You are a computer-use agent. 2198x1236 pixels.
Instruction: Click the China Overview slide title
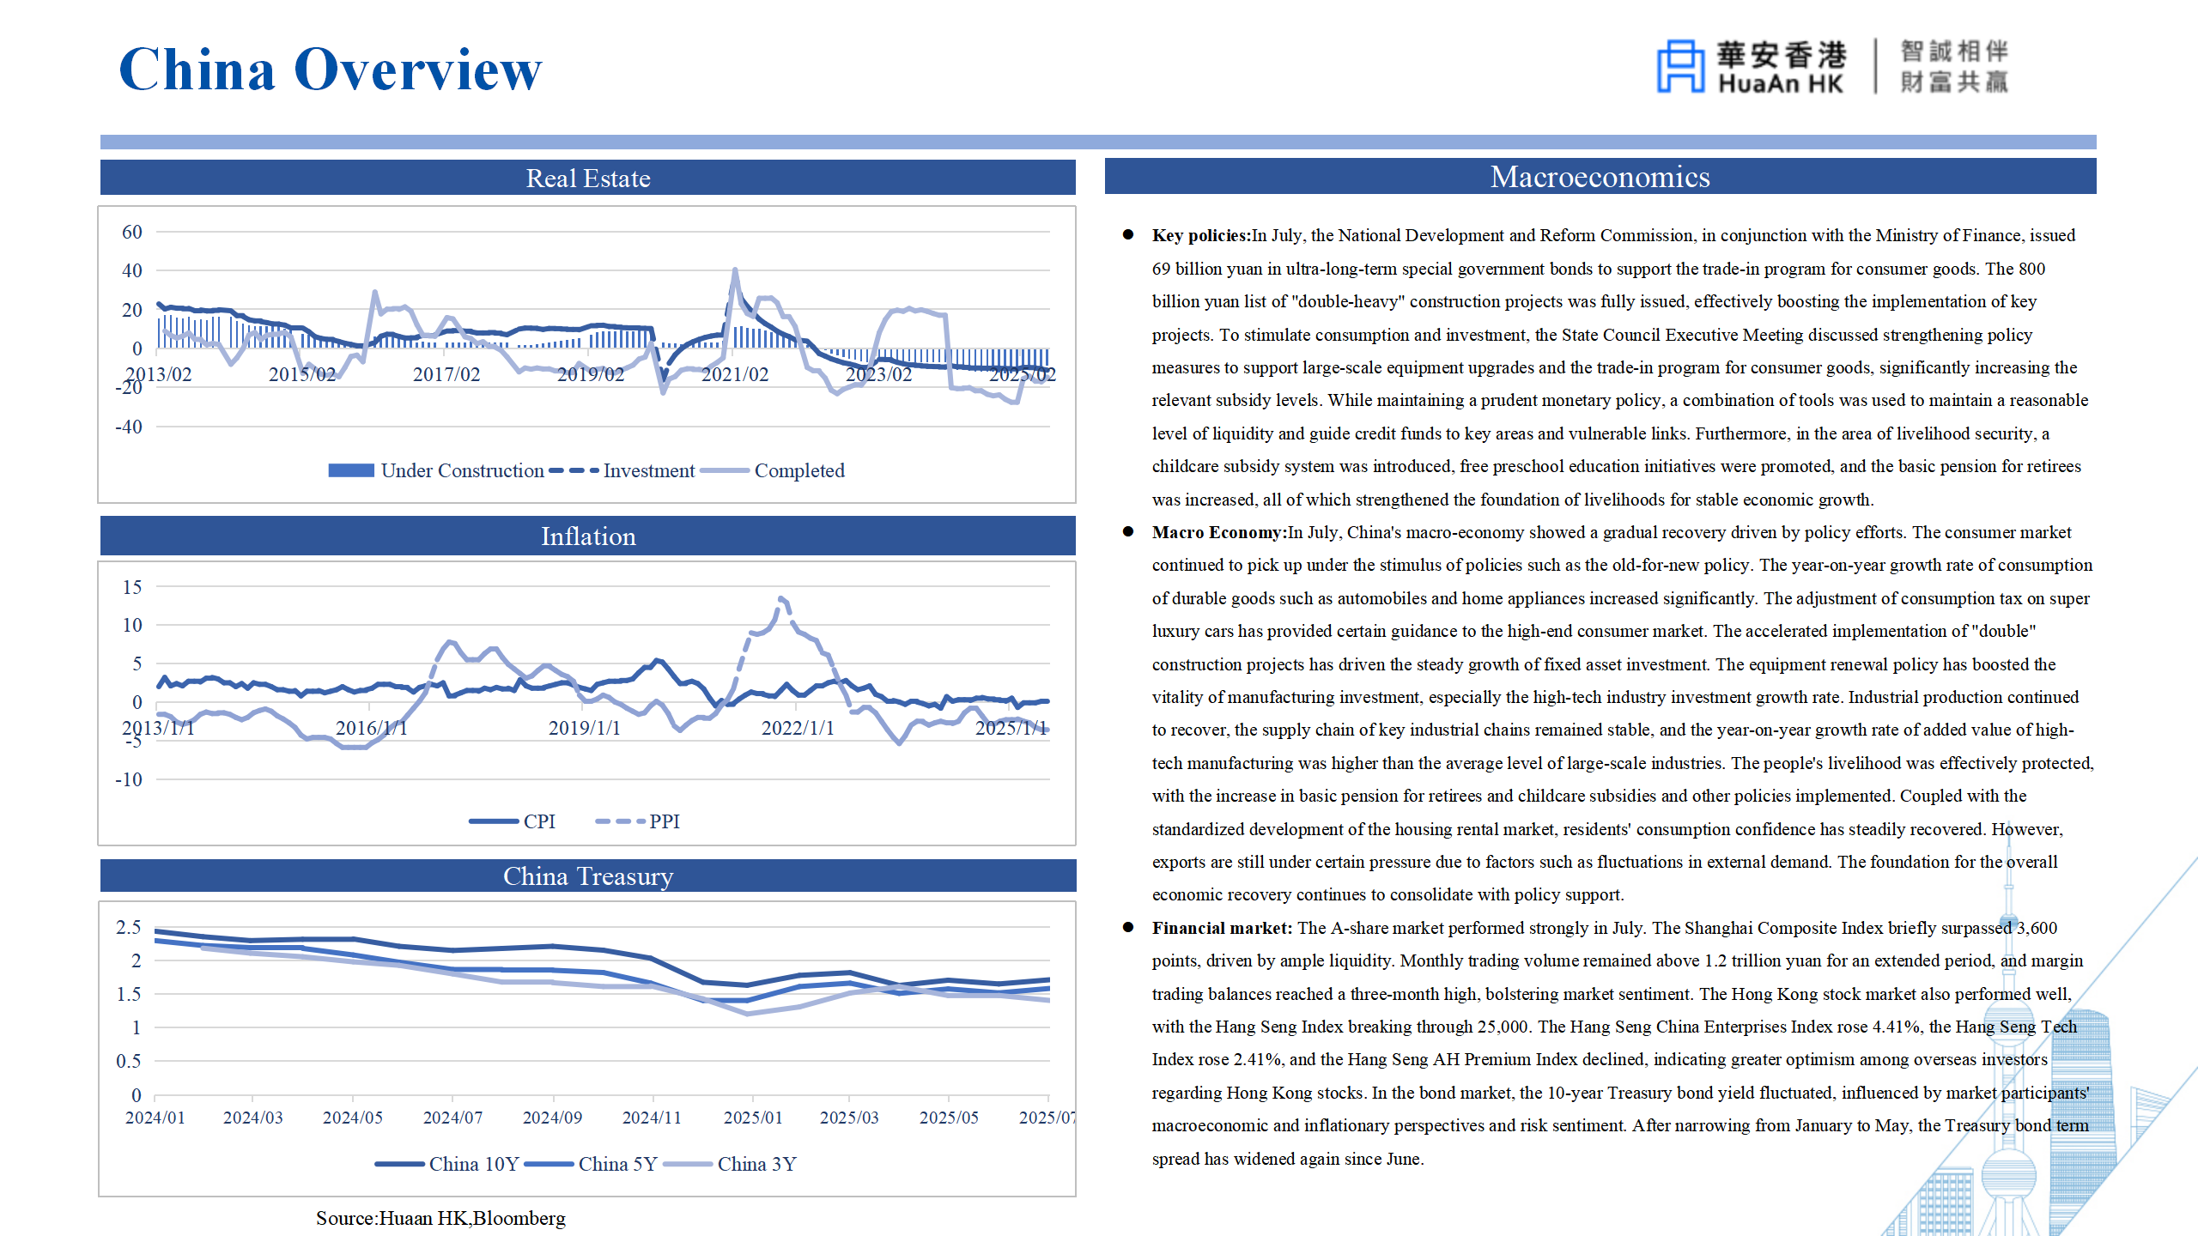pos(331,70)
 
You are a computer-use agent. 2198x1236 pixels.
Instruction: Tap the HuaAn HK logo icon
pos(1679,65)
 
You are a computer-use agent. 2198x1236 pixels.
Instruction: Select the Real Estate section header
pos(588,178)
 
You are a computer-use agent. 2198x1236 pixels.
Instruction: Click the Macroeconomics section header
pos(1600,177)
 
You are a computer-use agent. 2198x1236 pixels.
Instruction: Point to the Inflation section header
pos(588,536)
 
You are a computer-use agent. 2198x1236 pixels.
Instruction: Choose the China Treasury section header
pos(588,876)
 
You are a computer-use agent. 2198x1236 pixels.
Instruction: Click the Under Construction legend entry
pos(436,470)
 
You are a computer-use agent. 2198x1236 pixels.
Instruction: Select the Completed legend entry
pos(773,470)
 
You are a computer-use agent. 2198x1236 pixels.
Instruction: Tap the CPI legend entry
pos(513,821)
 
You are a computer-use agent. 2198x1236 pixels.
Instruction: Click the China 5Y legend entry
pos(592,1164)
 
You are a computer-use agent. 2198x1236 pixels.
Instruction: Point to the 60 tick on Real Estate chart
pos(132,232)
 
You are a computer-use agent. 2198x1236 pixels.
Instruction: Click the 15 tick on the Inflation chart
pos(132,587)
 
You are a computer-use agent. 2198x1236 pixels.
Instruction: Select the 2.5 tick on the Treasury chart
pos(129,927)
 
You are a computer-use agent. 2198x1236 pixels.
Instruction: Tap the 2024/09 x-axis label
pos(552,1118)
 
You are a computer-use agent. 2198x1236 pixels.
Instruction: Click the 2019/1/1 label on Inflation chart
pos(585,728)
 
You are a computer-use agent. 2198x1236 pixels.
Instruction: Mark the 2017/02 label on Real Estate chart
pos(446,374)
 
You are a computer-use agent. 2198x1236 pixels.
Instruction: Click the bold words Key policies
pos(1201,235)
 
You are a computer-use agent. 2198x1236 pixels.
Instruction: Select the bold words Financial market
pos(1222,928)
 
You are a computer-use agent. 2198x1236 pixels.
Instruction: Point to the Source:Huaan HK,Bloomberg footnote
pos(440,1218)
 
